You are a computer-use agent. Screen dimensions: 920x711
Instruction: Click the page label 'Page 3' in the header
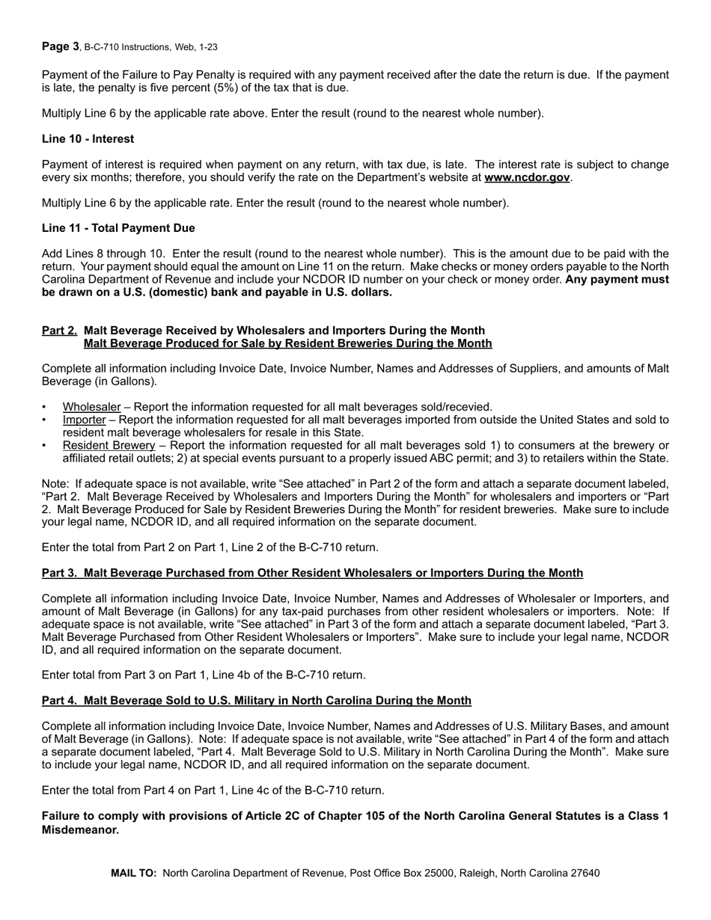(60, 46)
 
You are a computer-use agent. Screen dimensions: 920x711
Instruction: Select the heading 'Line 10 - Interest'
(88, 138)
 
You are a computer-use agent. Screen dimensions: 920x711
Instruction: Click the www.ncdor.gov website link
(527, 177)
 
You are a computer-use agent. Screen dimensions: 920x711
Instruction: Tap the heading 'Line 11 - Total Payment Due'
(118, 228)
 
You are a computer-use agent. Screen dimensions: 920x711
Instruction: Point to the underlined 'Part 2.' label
(60, 331)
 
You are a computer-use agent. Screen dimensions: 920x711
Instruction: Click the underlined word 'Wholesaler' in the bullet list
(91, 407)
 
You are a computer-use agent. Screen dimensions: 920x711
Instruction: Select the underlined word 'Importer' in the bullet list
(84, 420)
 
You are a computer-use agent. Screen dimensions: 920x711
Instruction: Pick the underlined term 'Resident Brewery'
(109, 445)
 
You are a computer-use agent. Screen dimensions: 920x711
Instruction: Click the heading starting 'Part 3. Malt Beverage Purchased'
(312, 573)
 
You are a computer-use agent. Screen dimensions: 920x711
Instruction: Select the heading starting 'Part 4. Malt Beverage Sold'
(257, 701)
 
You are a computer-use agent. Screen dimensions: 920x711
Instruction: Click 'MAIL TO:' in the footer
(134, 873)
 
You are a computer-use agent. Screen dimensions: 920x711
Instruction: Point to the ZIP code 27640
(585, 873)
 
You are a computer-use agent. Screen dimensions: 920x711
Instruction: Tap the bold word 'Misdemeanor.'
(81, 829)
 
